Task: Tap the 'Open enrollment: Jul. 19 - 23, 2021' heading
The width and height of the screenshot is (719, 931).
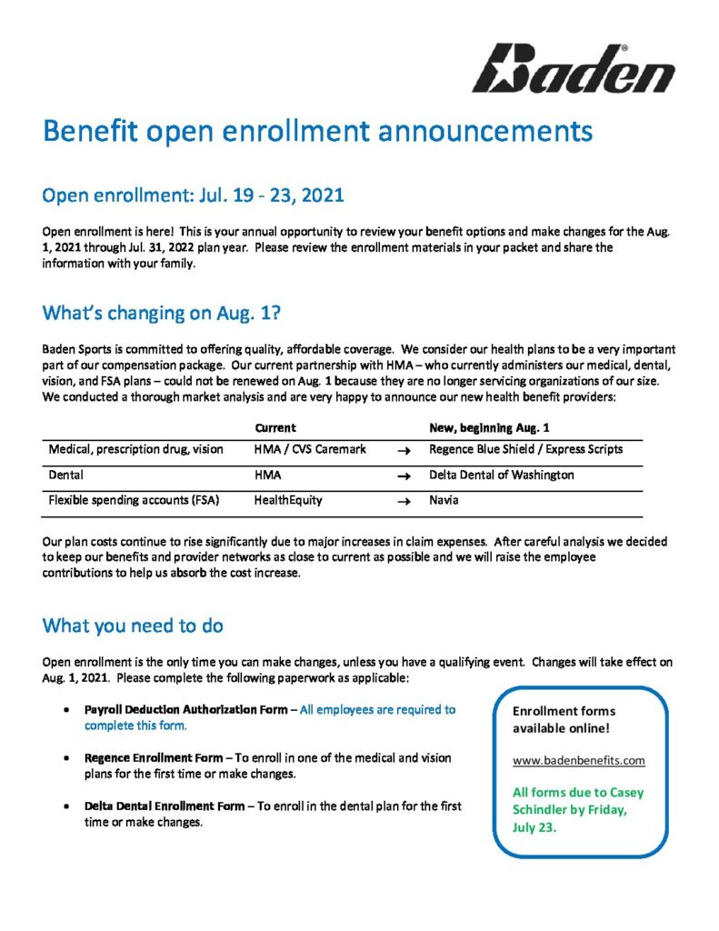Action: pos(193,196)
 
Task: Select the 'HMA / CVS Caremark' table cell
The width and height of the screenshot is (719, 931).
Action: pos(305,450)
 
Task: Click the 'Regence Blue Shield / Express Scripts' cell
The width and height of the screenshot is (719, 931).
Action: pos(525,450)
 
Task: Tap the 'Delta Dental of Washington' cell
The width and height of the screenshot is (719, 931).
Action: pos(501,476)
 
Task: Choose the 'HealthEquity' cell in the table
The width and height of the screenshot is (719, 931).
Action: pos(287,500)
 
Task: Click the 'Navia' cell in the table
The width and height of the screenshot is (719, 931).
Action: pos(444,500)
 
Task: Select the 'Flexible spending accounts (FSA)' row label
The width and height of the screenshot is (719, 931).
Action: pos(132,500)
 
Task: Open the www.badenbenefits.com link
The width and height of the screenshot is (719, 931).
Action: pos(578,760)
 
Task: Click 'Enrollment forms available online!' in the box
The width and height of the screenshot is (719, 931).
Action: pos(564,720)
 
